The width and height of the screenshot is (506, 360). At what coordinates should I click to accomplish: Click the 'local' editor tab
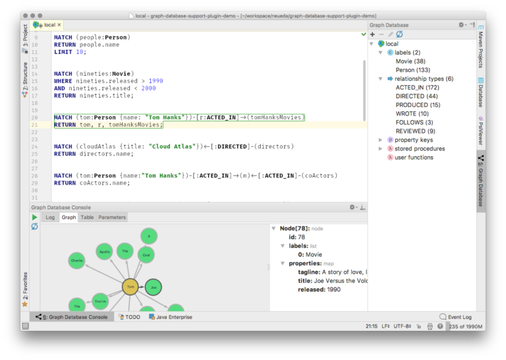pos(49,25)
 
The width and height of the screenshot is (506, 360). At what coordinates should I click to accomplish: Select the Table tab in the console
pos(87,217)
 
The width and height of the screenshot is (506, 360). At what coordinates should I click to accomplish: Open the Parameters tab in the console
pos(111,217)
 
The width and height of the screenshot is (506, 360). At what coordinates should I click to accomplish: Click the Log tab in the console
pos(50,217)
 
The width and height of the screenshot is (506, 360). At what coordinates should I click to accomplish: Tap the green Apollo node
pos(105,252)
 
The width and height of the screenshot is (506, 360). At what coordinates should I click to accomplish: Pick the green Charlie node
pos(76,260)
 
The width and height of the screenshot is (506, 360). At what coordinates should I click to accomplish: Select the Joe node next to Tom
pos(153,287)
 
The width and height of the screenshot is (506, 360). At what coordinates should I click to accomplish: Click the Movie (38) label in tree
pos(410,61)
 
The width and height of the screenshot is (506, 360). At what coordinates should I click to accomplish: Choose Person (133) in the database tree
pos(412,70)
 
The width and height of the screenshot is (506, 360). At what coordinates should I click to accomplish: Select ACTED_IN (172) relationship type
pos(417,87)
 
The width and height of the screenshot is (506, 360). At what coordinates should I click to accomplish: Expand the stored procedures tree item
pos(380,149)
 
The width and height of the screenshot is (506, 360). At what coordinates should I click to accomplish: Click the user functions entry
pos(414,158)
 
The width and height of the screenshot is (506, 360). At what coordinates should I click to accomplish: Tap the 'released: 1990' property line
pos(319,289)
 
